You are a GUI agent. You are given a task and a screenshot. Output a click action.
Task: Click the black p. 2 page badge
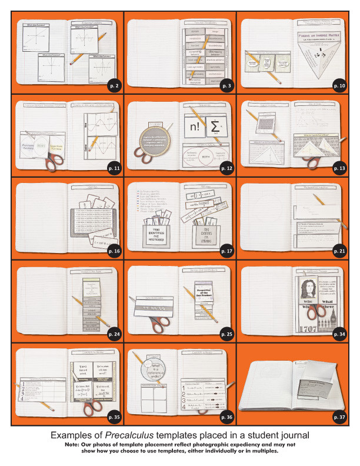(x=114, y=86)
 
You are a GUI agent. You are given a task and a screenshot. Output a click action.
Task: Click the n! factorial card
(x=193, y=126)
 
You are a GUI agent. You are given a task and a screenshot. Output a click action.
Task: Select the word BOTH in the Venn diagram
(x=204, y=159)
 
